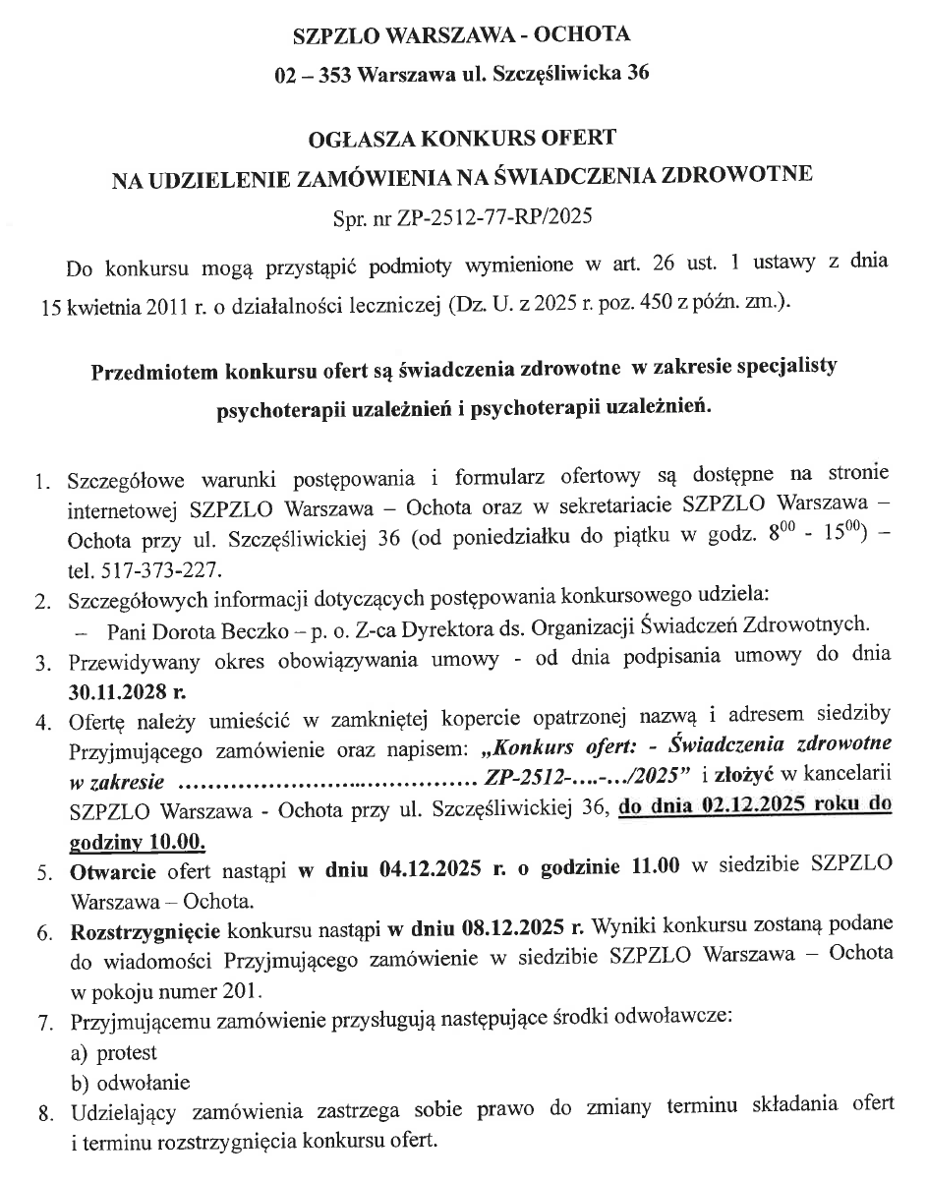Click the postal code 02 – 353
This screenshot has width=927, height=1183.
tap(315, 75)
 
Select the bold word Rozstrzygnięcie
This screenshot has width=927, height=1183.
tap(145, 926)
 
